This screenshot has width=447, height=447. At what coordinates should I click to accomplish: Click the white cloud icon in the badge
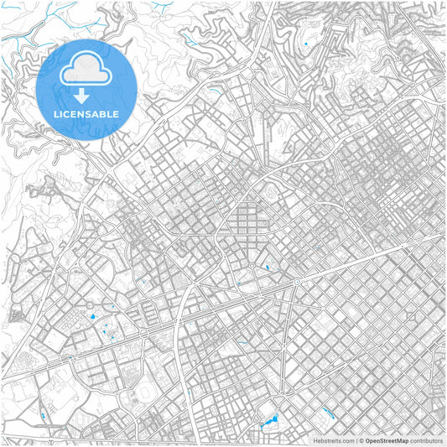click(x=87, y=65)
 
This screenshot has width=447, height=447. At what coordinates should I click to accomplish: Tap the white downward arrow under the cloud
click(x=86, y=93)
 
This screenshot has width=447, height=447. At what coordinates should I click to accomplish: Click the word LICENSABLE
click(x=87, y=113)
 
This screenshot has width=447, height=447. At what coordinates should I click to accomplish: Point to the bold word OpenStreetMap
click(x=386, y=439)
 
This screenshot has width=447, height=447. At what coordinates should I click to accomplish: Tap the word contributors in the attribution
click(x=427, y=439)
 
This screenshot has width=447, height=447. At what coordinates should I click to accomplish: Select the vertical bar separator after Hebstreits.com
click(x=357, y=439)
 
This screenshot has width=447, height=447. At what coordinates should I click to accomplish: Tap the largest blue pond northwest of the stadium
click(x=91, y=318)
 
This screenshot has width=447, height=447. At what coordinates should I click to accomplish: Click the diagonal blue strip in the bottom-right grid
click(x=327, y=411)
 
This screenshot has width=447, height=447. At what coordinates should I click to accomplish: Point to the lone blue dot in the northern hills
click(x=306, y=44)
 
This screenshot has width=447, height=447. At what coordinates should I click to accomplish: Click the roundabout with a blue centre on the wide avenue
click(x=296, y=283)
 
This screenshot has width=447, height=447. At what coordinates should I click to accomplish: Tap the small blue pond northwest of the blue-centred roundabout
click(x=267, y=267)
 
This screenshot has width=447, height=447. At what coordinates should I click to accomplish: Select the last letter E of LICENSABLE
click(x=116, y=113)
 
